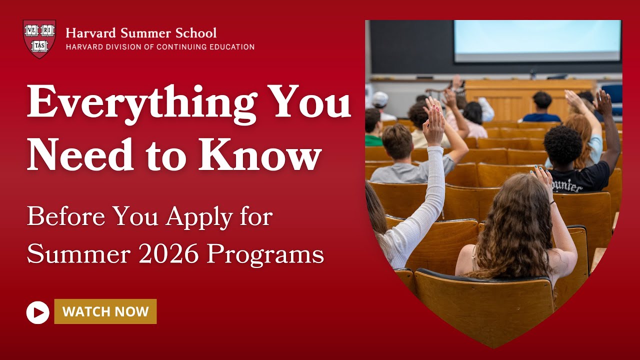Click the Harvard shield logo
tap(39, 38)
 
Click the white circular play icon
tap(38, 312)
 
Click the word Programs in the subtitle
tap(265, 254)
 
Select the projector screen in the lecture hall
tap(537, 41)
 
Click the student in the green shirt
tap(373, 128)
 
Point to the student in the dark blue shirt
tap(542, 107)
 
